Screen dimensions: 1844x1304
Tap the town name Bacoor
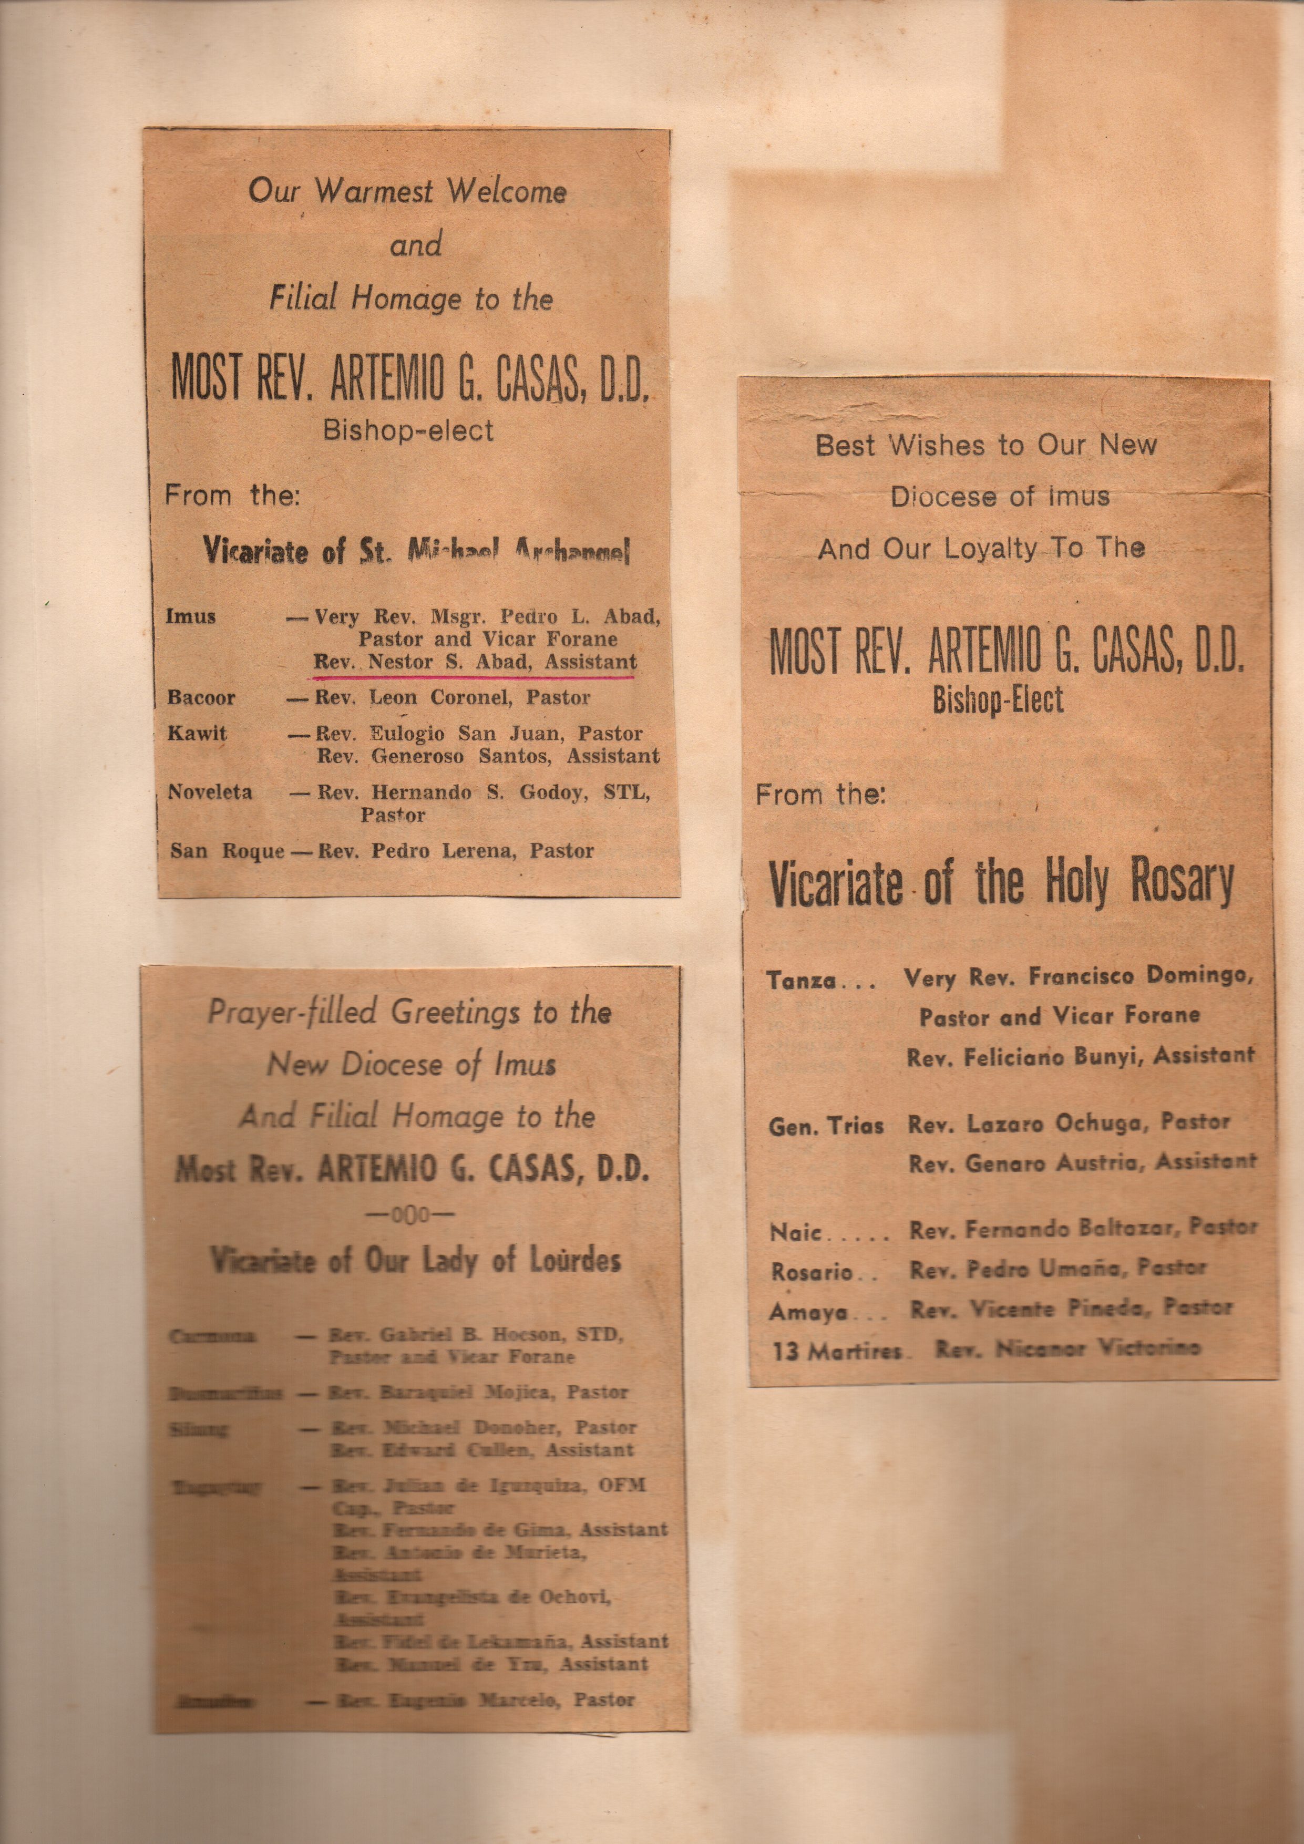coord(201,697)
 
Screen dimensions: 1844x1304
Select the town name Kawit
coord(197,733)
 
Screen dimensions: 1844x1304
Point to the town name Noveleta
coord(210,792)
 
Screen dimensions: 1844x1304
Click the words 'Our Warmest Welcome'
coord(407,191)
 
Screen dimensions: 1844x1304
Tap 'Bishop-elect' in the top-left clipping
coord(408,431)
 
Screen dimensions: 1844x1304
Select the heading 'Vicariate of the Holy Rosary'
coord(1001,882)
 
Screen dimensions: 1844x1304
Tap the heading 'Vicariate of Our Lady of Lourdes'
coord(415,1259)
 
